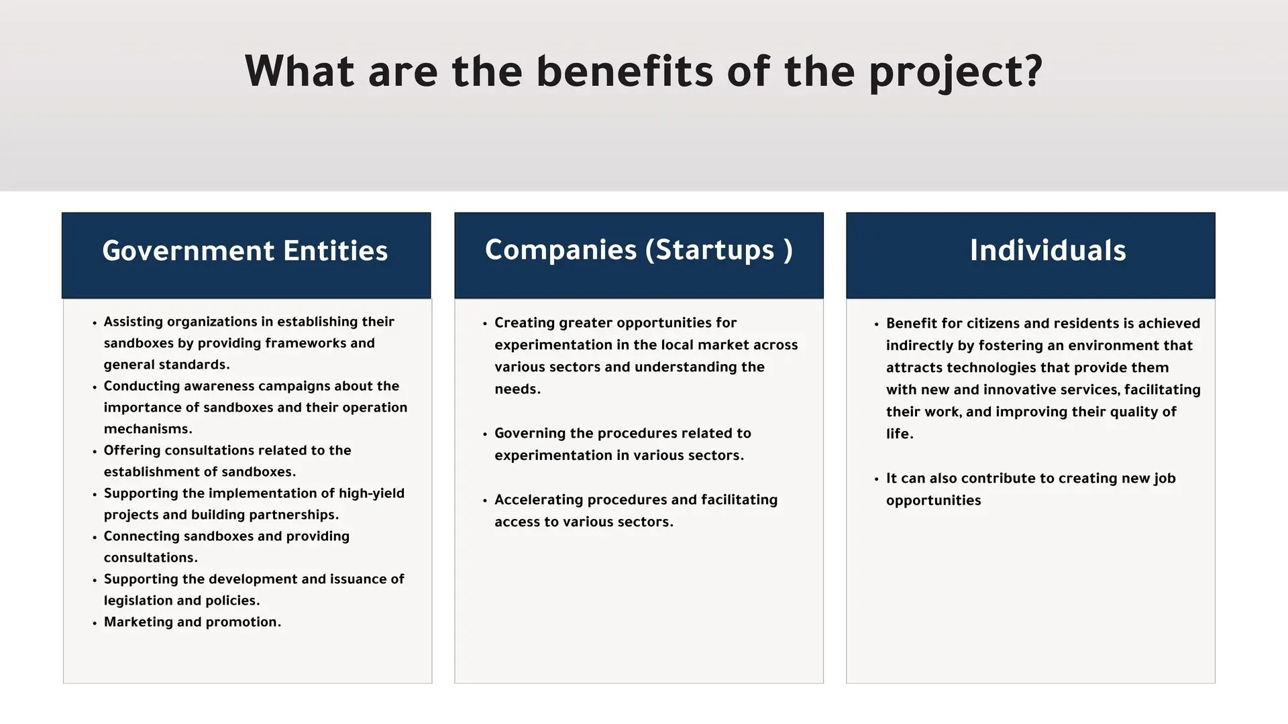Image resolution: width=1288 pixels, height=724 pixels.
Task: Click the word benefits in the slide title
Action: (625, 71)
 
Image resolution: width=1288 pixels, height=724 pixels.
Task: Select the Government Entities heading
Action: (245, 251)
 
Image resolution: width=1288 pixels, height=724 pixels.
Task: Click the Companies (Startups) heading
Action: (639, 250)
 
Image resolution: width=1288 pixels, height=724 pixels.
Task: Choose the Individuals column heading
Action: (1048, 251)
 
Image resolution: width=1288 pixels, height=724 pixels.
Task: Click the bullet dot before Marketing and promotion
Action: (95, 623)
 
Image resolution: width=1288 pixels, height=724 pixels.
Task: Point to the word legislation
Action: (138, 601)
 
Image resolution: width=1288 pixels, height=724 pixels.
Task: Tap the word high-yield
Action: (372, 494)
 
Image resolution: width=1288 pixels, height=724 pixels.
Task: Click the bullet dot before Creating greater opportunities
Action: (485, 324)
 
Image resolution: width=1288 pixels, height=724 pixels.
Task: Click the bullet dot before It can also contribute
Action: (877, 479)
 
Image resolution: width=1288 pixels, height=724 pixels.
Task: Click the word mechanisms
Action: (148, 429)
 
